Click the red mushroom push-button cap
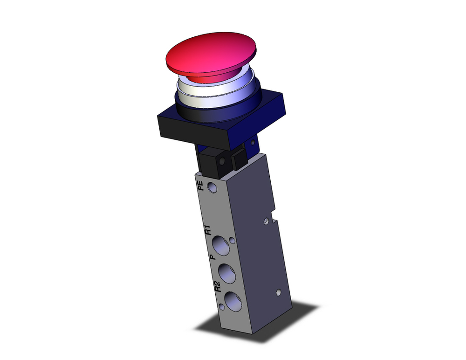pos(212,55)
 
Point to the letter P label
pos(212,257)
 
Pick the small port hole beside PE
pos(213,188)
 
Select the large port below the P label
pos(226,270)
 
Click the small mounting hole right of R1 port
pos(232,241)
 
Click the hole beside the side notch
pos(266,219)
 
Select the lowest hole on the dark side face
pos(278,293)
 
